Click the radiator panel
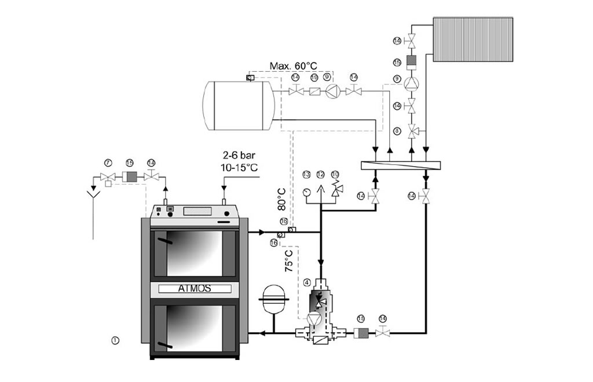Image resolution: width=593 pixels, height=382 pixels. (x=473, y=39)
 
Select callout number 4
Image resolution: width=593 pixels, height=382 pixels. (x=308, y=282)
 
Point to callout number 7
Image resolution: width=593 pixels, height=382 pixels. (x=107, y=163)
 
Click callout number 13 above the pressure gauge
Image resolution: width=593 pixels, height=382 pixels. (x=306, y=174)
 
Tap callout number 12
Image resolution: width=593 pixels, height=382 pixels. (x=320, y=174)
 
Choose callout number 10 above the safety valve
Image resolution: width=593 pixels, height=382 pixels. (x=335, y=174)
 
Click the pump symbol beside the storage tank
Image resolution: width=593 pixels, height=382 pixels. (x=331, y=90)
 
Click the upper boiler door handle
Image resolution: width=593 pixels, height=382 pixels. (x=165, y=239)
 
